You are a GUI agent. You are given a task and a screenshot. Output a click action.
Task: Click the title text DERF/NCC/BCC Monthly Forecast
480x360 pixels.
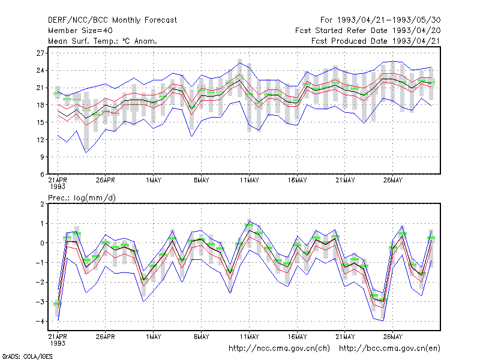[x=112, y=20]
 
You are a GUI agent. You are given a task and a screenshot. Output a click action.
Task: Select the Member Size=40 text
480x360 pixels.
[x=80, y=31]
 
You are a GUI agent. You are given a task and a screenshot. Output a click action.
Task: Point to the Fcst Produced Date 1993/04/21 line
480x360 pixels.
[x=376, y=41]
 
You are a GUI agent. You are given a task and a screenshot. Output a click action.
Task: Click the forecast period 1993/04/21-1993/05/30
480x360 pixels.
[x=389, y=20]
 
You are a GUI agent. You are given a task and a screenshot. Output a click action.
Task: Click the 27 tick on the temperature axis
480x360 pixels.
[x=40, y=53]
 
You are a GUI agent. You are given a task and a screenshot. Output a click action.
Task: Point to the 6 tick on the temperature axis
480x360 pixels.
[x=42, y=174]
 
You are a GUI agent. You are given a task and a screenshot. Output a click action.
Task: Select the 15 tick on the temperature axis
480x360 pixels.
[x=40, y=122]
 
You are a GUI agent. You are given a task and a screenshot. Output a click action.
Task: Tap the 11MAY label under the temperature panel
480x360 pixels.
[x=249, y=181]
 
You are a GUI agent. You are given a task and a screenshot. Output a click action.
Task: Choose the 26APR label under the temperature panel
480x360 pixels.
[x=106, y=181]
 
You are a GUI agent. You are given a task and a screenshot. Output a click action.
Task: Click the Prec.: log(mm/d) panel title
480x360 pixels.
[x=82, y=198]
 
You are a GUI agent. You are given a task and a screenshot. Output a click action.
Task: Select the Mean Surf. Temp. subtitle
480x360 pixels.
[x=103, y=41]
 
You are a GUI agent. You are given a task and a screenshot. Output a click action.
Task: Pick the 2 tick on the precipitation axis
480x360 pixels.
[x=42, y=204]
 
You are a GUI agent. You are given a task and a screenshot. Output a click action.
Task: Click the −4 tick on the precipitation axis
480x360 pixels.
[x=40, y=322]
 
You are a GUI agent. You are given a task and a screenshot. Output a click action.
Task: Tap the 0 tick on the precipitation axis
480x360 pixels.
[x=42, y=243]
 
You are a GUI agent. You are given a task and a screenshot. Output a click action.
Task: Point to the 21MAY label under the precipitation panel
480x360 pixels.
[x=345, y=337]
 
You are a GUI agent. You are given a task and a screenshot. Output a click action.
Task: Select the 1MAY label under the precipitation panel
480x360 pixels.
[x=154, y=337]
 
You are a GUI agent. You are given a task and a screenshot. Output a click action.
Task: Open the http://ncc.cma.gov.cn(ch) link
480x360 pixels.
[x=279, y=349]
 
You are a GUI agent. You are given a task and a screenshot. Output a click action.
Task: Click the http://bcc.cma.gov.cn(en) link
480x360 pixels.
[x=389, y=349]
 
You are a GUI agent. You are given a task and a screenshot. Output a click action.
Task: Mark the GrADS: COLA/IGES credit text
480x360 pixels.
[x=27, y=356]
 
